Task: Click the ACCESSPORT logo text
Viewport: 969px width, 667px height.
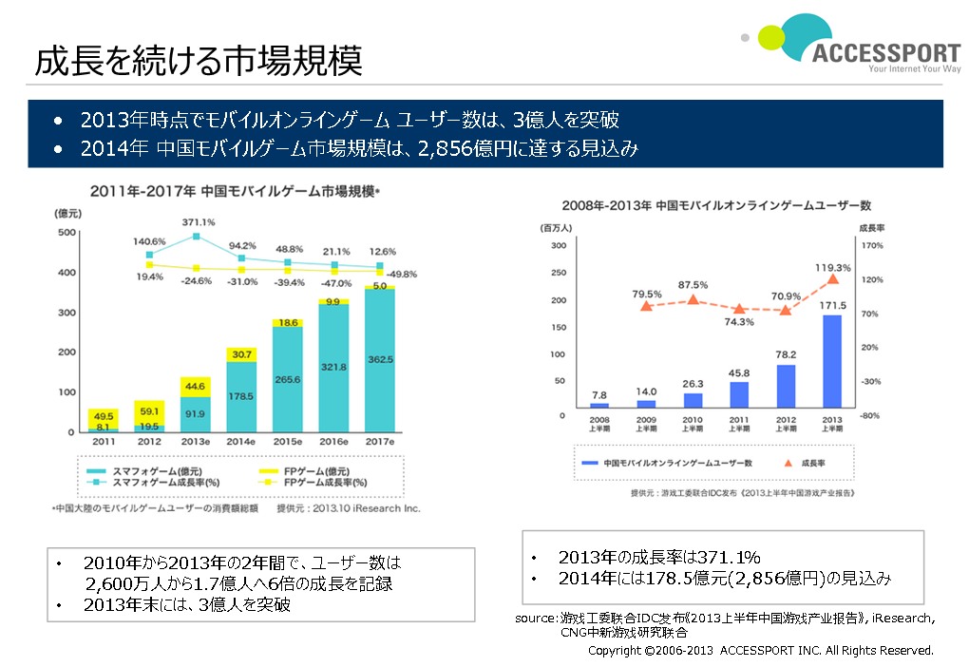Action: point(886,52)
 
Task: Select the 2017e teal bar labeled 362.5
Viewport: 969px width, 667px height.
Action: point(380,361)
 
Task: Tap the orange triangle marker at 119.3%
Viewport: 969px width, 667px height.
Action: point(833,278)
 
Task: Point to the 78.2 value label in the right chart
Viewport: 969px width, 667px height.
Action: point(786,353)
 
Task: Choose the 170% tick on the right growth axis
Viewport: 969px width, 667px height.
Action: point(870,245)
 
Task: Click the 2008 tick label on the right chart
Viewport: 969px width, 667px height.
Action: point(598,421)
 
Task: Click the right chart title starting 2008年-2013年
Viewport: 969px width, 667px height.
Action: point(715,205)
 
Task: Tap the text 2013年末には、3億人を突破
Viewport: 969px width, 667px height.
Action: point(187,605)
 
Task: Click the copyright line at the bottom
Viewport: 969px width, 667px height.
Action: point(760,651)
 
